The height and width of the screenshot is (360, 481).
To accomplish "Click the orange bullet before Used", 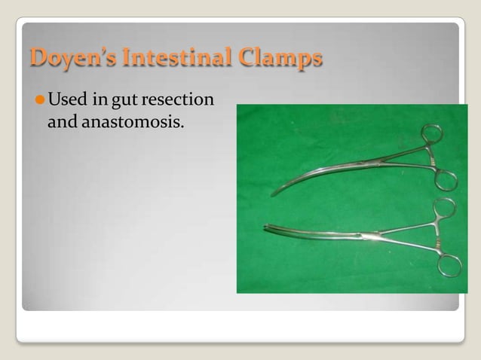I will (39, 100).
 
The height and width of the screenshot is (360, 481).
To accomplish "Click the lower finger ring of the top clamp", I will (446, 179).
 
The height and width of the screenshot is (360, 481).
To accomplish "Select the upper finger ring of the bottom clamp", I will (446, 206).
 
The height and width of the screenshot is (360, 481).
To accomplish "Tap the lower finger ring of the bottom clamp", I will (450, 265).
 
